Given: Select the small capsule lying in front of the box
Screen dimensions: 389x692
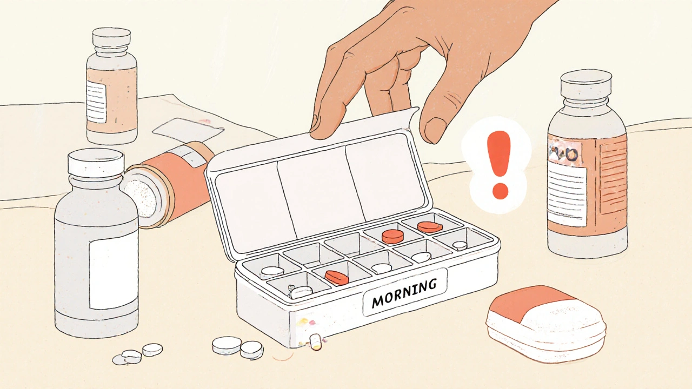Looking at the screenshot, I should click(x=315, y=341).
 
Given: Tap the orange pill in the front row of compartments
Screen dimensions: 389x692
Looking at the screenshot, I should click(x=337, y=278).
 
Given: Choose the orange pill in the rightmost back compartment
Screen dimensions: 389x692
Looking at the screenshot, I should click(x=430, y=226).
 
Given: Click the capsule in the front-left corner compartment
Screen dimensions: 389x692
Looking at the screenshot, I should click(x=301, y=292).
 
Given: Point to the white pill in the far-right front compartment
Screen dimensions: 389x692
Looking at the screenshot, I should click(x=460, y=245).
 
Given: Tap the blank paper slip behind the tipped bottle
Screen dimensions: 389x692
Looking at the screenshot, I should click(x=187, y=130).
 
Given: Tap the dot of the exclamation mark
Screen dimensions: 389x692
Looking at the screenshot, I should click(x=500, y=190).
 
